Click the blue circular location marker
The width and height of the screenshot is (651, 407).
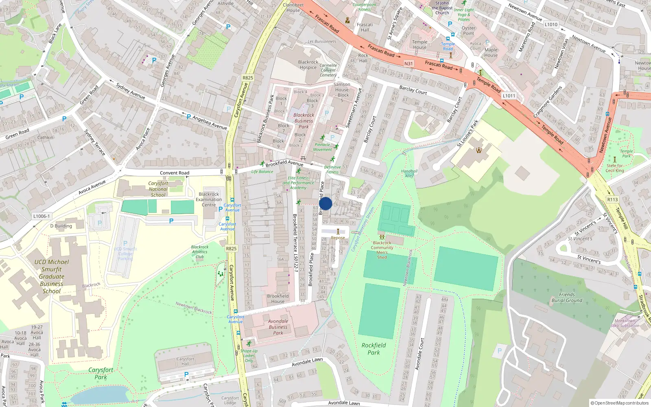click(325, 203)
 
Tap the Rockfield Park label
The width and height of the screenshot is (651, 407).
click(374, 349)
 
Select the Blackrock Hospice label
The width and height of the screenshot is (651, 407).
click(308, 65)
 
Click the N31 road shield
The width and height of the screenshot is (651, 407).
click(409, 63)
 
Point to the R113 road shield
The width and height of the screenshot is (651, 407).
click(612, 199)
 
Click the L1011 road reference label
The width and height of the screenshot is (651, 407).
click(509, 96)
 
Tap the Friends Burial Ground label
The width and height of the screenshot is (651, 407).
click(567, 298)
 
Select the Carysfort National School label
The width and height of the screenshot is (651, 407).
click(158, 189)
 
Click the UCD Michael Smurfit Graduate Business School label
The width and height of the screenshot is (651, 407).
click(52, 276)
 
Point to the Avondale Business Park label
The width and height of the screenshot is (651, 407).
click(278, 327)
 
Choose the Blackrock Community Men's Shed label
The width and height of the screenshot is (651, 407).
click(382, 249)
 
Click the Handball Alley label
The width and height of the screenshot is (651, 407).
click(409, 173)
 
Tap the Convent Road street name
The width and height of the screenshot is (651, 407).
click(175, 173)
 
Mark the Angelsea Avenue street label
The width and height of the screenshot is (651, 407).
click(210, 122)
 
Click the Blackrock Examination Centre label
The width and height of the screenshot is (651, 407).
click(209, 199)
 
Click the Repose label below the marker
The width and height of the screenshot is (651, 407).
click(338, 238)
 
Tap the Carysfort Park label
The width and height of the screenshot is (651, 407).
click(101, 373)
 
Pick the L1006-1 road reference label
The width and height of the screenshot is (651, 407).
click(42, 216)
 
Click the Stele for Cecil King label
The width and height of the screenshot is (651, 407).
click(614, 168)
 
